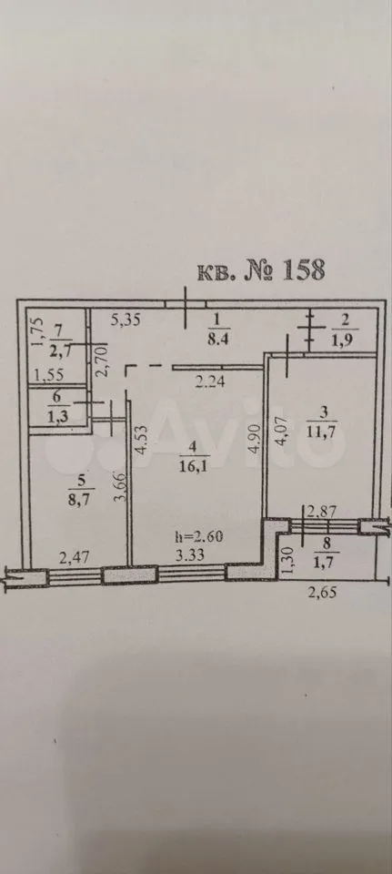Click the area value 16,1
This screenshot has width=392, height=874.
pyautogui.click(x=192, y=465)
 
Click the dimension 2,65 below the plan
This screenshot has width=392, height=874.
pyautogui.click(x=322, y=592)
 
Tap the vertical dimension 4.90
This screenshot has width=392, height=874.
pyautogui.click(x=254, y=442)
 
